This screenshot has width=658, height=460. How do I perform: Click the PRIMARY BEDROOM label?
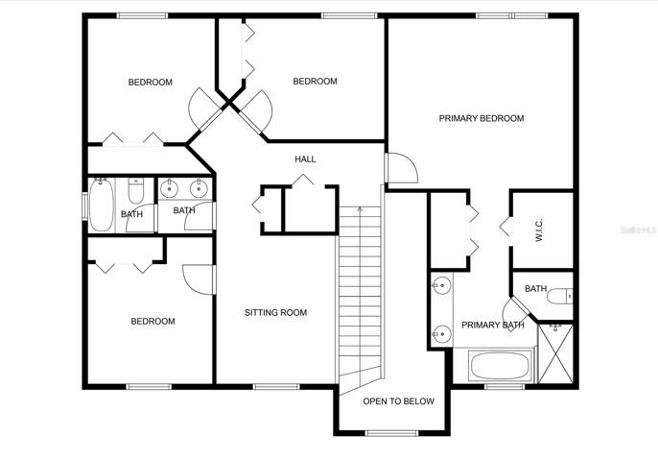click(x=482, y=118)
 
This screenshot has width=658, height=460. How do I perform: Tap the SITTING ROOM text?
click(x=275, y=312)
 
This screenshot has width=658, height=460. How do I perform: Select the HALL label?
click(x=305, y=159)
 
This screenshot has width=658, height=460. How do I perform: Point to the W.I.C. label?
click(x=539, y=230)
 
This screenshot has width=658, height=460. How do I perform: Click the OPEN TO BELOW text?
click(x=398, y=401)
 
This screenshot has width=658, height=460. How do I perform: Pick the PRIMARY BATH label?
click(x=493, y=326)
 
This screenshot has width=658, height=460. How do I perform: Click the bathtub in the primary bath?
click(x=500, y=366)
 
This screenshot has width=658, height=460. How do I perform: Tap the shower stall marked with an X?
click(x=555, y=353)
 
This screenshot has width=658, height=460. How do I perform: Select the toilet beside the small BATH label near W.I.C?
click(x=559, y=296)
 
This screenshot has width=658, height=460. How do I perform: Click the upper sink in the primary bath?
click(x=441, y=286)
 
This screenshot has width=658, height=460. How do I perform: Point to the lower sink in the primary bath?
click(x=441, y=334)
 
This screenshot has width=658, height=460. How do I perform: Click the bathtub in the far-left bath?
click(x=101, y=205)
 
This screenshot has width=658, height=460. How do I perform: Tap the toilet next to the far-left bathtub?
click(x=135, y=190)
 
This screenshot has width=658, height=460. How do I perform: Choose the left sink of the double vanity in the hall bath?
click(x=170, y=188)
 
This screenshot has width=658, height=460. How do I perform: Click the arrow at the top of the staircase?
click(x=360, y=208)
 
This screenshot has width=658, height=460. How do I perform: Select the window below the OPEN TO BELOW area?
click(x=392, y=433)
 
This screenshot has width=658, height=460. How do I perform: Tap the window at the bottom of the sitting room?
click(x=276, y=386)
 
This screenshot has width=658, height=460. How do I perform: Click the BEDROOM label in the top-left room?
click(x=151, y=83)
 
